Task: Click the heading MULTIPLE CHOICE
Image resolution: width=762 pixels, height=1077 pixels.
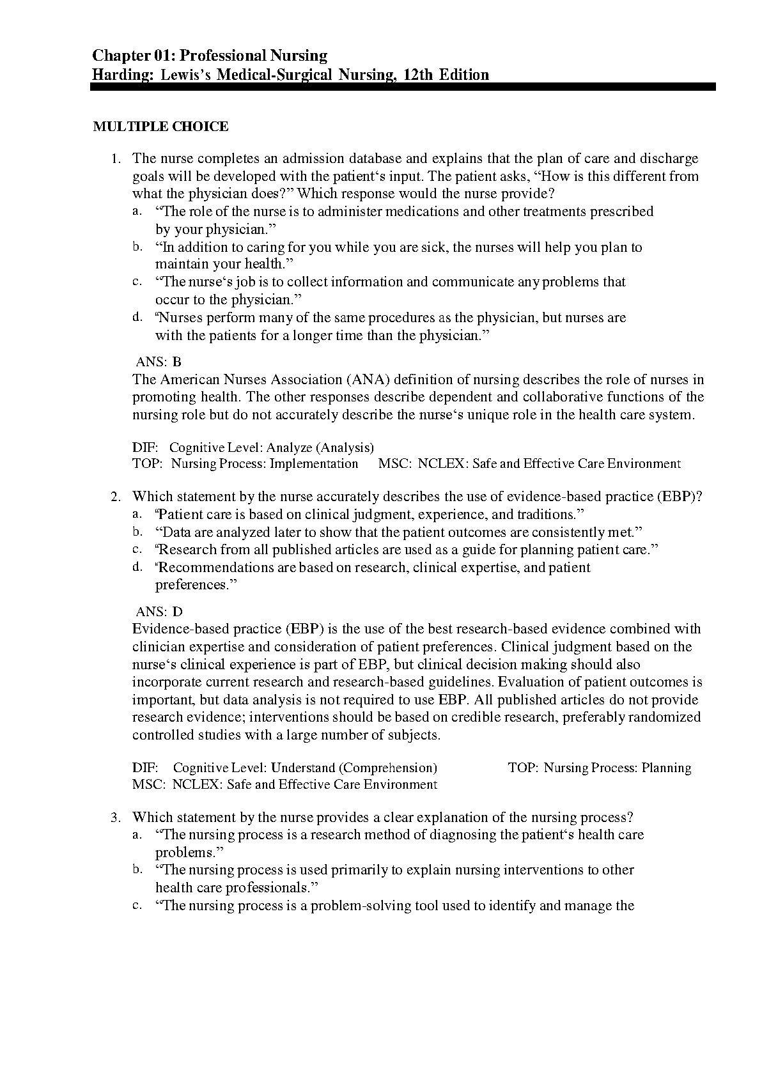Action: click(x=160, y=127)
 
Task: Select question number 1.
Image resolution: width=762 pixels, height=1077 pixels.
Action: click(x=115, y=159)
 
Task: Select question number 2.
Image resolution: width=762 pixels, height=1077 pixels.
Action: click(x=115, y=497)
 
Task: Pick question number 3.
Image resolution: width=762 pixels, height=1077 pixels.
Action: click(x=115, y=817)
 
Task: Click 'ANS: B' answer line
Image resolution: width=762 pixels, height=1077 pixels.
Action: click(x=159, y=362)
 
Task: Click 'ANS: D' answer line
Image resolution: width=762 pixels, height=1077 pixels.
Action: click(x=159, y=612)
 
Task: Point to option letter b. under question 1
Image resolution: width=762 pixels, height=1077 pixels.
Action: click(x=136, y=246)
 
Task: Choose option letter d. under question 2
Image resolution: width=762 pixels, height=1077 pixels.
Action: click(x=136, y=566)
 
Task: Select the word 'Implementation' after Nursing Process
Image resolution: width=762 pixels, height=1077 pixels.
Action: click(x=314, y=464)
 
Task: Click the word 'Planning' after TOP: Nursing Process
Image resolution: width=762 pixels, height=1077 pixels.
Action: click(x=666, y=768)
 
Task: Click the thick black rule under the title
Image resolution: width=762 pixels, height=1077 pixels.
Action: click(x=403, y=87)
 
